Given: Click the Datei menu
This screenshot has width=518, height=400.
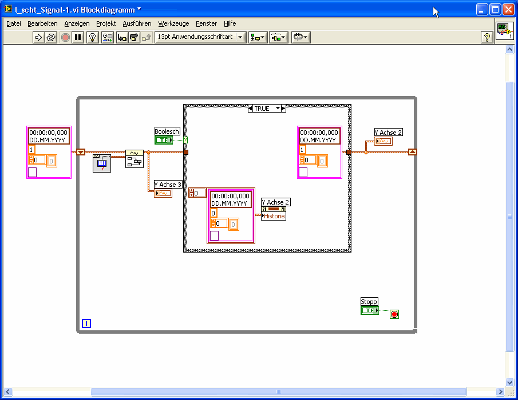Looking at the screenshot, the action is (14, 23).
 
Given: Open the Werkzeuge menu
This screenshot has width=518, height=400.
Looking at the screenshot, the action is (173, 23).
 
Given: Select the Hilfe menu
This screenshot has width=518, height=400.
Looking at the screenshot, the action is (230, 23).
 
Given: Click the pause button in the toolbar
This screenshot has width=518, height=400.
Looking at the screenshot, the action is (78, 37).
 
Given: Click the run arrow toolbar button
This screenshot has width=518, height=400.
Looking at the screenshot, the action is (38, 37).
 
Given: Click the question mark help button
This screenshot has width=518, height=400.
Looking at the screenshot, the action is (487, 37).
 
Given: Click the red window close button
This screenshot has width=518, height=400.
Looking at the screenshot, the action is (508, 10).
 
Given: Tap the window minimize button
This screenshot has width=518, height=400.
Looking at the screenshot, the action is (482, 10).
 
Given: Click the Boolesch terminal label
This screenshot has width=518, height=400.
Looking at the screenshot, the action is (167, 131).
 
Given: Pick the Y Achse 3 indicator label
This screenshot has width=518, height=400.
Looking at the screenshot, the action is (168, 185).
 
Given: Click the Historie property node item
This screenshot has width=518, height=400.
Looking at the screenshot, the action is (274, 216).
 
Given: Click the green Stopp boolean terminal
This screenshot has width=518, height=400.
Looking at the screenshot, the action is (370, 310).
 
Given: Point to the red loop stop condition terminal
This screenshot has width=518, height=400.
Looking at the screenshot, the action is (394, 314).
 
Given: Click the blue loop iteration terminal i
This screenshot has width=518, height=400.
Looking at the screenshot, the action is (86, 323).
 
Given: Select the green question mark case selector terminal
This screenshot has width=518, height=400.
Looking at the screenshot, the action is (185, 140).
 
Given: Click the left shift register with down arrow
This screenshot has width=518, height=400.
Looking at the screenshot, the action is (81, 152).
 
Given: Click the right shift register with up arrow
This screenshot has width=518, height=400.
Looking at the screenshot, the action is (413, 152).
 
